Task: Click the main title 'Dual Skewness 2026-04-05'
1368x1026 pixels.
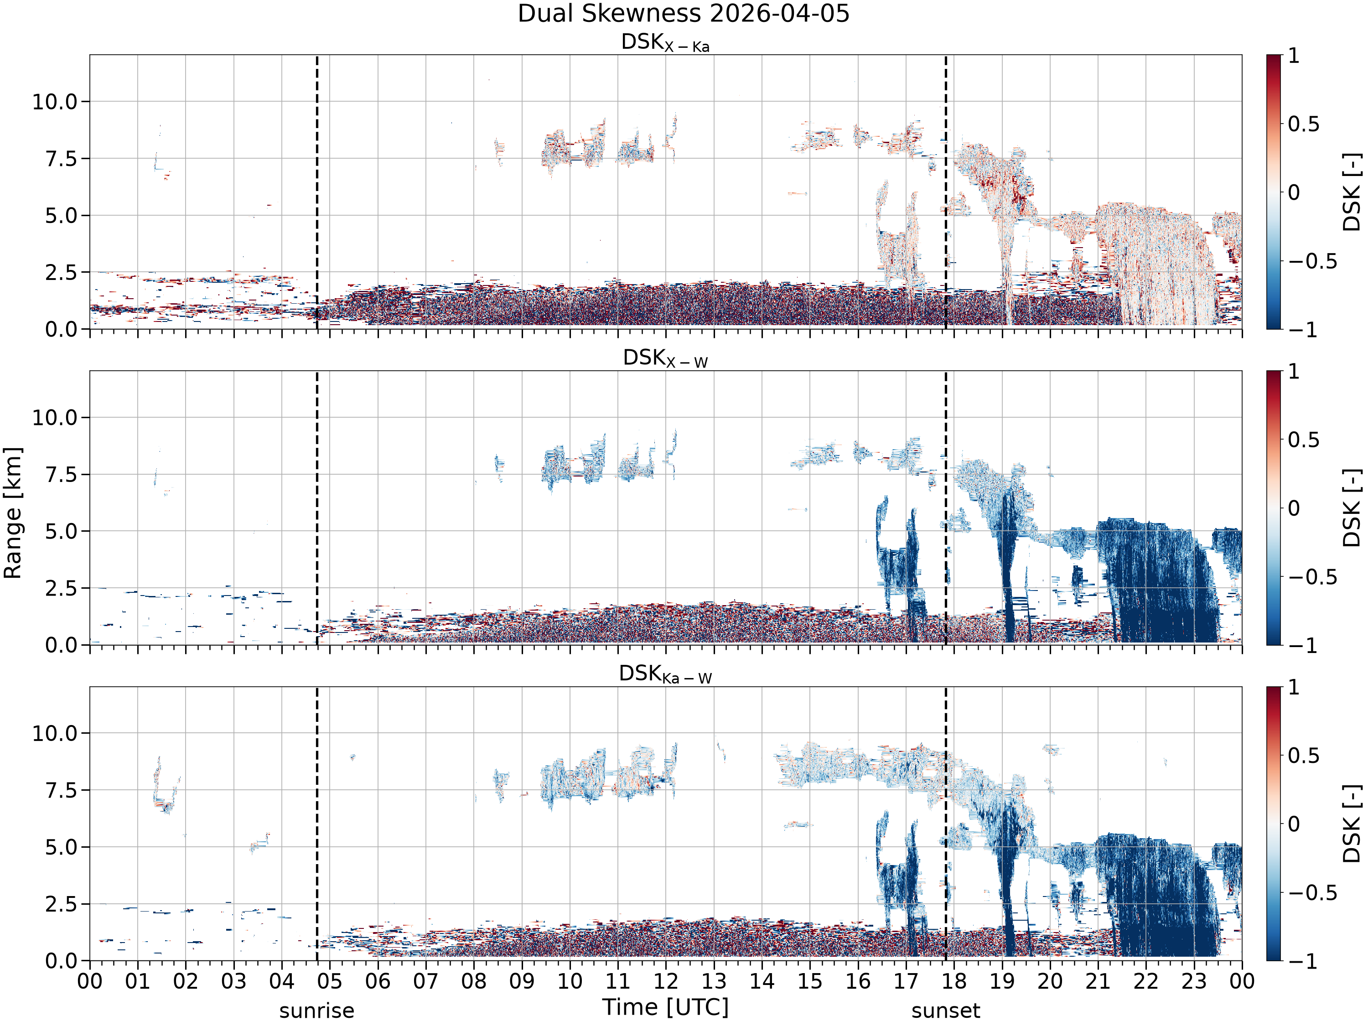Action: [x=684, y=14]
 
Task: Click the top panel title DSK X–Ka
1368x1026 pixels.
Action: [x=665, y=43]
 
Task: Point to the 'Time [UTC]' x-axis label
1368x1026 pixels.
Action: [x=665, y=1007]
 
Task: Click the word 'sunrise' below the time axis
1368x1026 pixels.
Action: [x=316, y=1011]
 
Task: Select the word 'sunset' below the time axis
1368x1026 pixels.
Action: [x=946, y=1011]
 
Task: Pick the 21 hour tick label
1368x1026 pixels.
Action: [x=1098, y=981]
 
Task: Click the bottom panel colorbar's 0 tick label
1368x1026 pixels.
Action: [x=1294, y=824]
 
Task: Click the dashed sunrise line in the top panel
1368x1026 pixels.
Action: [x=317, y=192]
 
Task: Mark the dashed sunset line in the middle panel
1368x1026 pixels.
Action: [x=946, y=508]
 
